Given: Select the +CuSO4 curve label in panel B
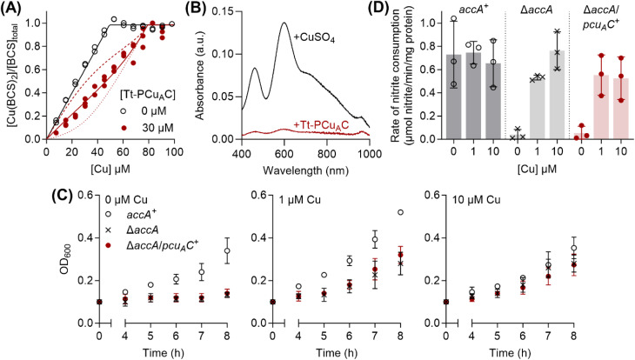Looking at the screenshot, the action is click(314, 38).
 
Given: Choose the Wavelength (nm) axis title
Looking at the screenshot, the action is click(305, 170).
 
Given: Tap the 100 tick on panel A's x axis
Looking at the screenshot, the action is click(175, 152).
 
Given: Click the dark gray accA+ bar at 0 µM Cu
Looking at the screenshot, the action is click(453, 97).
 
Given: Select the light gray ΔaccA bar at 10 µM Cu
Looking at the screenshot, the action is click(558, 95).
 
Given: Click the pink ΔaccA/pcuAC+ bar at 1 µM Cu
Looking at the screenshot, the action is click(601, 107).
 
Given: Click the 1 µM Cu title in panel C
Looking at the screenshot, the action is click(300, 200).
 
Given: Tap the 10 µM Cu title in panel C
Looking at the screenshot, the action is click(477, 200).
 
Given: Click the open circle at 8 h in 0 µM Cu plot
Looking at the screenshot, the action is click(227, 250).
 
